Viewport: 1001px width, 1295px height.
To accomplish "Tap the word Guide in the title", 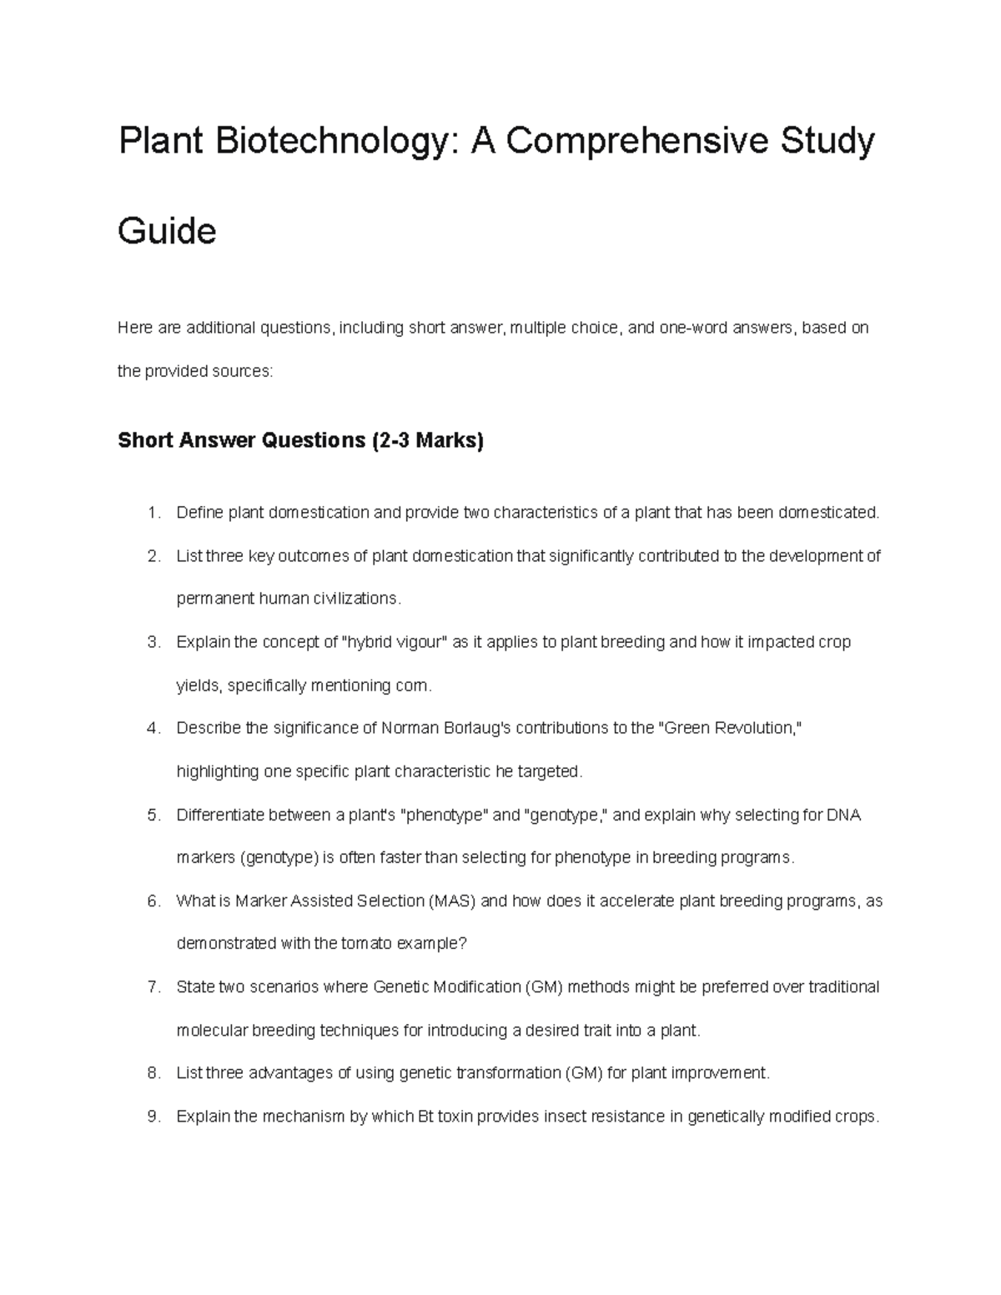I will coord(167,231).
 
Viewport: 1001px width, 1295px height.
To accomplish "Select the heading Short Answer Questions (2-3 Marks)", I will coord(300,440).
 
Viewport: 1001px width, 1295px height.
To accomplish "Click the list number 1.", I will coord(152,513).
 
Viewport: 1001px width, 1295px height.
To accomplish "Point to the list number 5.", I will coord(152,816).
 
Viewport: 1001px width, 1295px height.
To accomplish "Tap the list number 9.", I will coord(152,1117).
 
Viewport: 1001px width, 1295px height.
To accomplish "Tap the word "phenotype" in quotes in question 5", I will coord(445,816).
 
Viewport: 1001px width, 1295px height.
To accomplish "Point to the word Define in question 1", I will coord(200,513).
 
